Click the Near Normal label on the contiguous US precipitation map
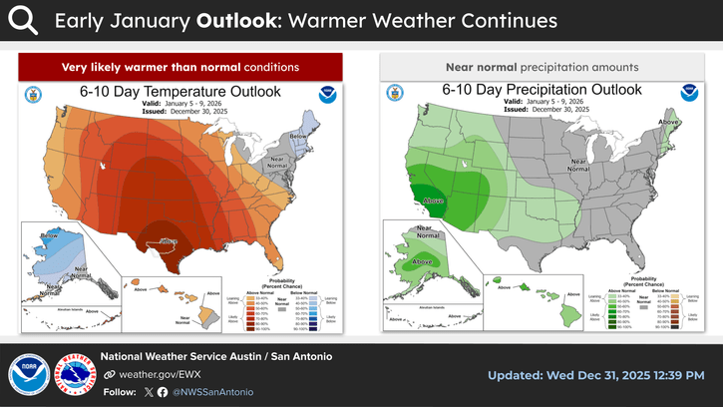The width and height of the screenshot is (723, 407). [x=576, y=167]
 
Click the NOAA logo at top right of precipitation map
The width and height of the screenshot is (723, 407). [x=686, y=96]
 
